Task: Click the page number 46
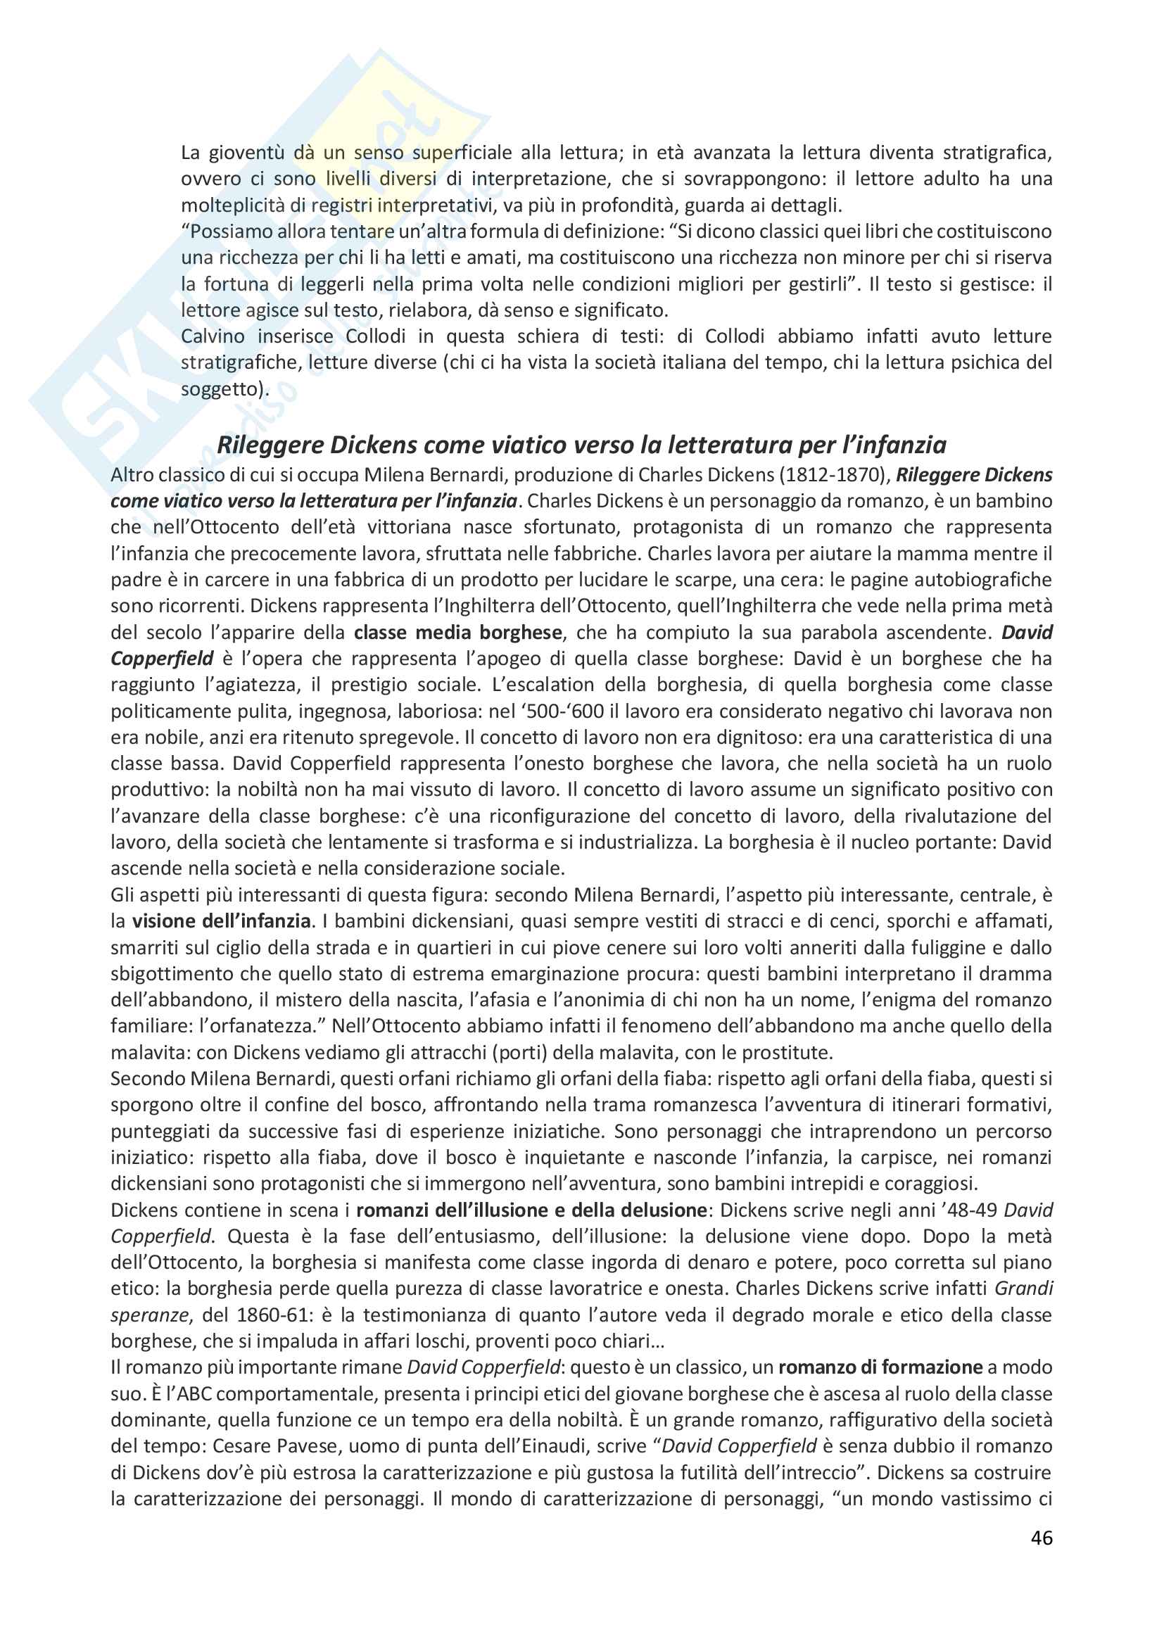coord(1042,1538)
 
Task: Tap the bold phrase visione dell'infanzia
coord(221,921)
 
